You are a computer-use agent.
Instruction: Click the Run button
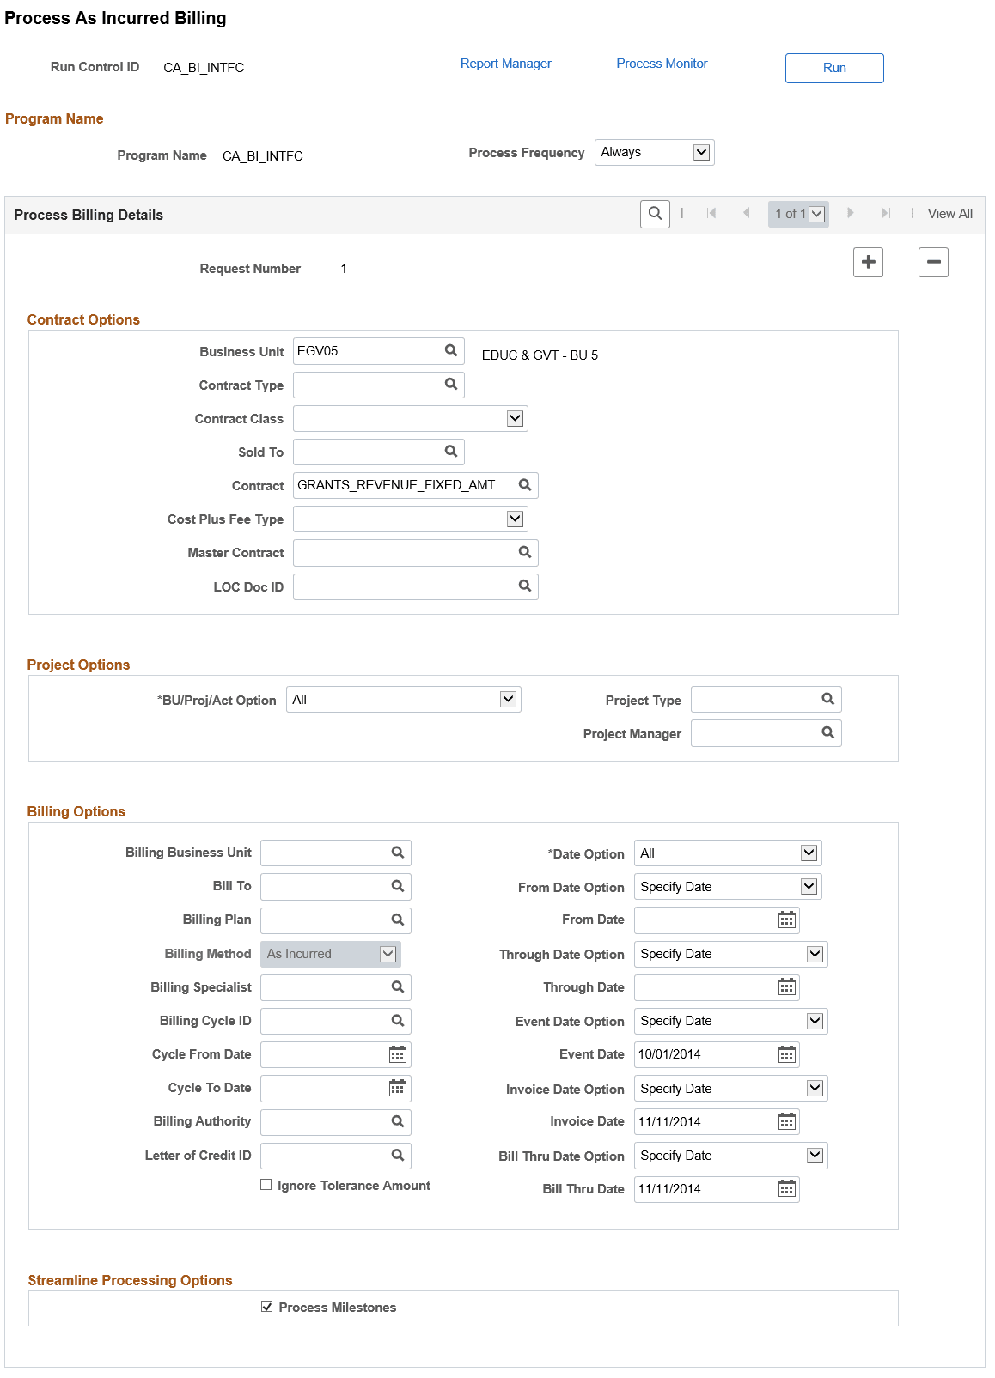[x=833, y=68]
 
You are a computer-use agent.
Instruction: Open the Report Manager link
[x=505, y=64]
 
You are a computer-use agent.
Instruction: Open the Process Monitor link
[x=662, y=64]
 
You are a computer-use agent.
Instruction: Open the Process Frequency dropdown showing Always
[x=654, y=152]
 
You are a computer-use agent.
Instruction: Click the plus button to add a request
[x=868, y=262]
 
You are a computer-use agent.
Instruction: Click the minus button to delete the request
[x=932, y=262]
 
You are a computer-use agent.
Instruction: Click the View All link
[x=949, y=214]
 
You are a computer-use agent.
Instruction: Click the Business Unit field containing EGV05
[x=367, y=351]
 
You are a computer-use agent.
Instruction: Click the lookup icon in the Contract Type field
[x=451, y=385]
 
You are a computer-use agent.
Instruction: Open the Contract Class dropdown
[x=410, y=419]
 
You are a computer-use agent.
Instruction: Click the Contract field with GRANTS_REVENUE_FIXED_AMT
[x=404, y=485]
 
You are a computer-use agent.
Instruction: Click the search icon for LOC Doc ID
[x=525, y=586]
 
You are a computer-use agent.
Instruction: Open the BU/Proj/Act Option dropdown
[x=403, y=700]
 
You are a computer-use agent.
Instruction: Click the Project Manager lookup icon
[x=827, y=733]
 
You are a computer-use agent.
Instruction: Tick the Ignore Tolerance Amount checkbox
[x=266, y=1185]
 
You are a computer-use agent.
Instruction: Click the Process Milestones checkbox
[x=267, y=1307]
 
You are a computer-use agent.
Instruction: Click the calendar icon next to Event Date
[x=786, y=1054]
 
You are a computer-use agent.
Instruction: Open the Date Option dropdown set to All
[x=727, y=853]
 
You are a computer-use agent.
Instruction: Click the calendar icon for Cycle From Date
[x=397, y=1054]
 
